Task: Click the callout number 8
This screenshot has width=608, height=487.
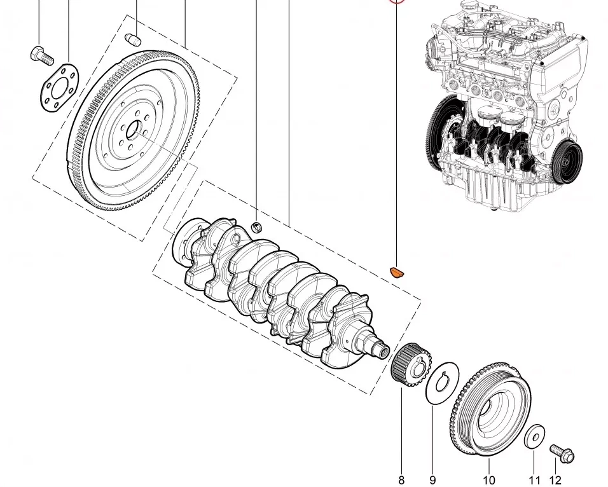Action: tap(401, 480)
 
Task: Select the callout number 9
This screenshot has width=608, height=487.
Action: tap(432, 480)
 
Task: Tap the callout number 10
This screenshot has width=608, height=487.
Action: tap(488, 480)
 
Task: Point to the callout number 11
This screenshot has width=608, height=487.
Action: tap(534, 480)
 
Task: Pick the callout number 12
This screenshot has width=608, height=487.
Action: tap(555, 480)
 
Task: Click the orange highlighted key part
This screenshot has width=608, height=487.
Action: tap(396, 273)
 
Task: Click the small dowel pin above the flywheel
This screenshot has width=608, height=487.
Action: tap(134, 38)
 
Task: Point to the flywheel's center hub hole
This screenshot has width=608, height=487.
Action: tap(134, 132)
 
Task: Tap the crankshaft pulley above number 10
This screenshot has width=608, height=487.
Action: tap(489, 409)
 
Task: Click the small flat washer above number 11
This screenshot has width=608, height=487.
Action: tap(534, 436)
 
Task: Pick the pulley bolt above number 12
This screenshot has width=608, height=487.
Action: tap(561, 453)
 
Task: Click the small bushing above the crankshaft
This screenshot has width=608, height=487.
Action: tap(258, 227)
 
